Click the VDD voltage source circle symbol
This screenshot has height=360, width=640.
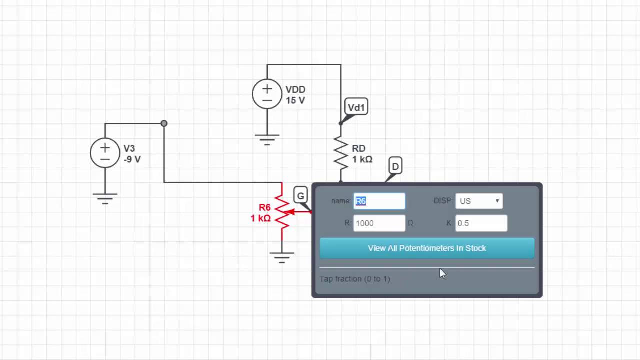tap(267, 94)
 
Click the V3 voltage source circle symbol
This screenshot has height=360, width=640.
tap(105, 153)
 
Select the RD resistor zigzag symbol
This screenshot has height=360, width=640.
tap(341, 153)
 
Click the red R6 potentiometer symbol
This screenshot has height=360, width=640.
tap(282, 212)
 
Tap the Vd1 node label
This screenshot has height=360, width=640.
tap(356, 107)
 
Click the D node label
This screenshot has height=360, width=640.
tap(395, 166)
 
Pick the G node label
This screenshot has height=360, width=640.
tap(300, 196)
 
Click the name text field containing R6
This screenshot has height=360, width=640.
tap(379, 201)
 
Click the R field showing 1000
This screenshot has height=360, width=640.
tap(379, 223)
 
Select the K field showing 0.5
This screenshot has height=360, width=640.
tap(481, 223)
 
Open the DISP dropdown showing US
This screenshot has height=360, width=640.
tap(479, 201)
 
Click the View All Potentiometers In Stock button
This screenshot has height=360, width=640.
tap(427, 248)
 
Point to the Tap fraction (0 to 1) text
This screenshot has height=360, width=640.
tap(355, 279)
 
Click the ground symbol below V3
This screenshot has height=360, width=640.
tap(105, 198)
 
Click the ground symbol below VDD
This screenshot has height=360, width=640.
tap(267, 139)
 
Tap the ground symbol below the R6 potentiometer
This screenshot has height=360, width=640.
tap(282, 257)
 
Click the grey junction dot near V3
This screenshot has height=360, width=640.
tap(164, 123)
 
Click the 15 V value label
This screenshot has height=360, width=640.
tap(295, 101)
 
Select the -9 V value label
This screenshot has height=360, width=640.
tap(132, 160)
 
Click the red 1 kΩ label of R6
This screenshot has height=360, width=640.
tap(260, 218)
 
